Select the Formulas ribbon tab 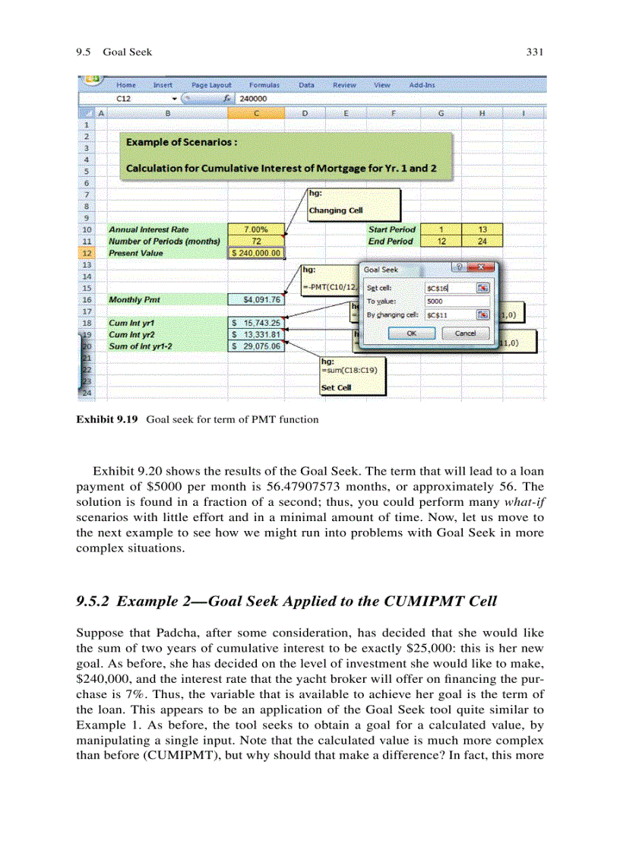point(264,86)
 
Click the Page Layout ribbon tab point(211,86)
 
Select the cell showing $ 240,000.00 point(256,253)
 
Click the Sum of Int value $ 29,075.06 point(256,346)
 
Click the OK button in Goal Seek point(411,333)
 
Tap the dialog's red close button point(479,268)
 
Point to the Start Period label point(391,229)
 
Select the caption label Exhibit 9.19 point(106,419)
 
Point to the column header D point(304,112)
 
